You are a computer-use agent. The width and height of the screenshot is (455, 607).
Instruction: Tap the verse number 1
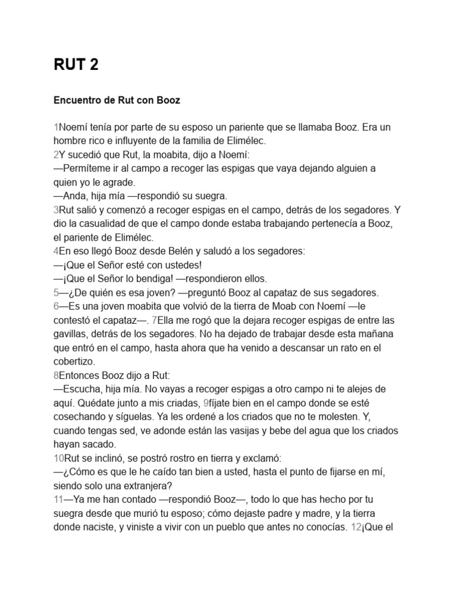click(x=56, y=127)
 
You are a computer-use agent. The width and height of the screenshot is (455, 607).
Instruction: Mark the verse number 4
click(x=56, y=251)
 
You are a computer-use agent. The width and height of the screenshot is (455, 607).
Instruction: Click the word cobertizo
click(x=75, y=360)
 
